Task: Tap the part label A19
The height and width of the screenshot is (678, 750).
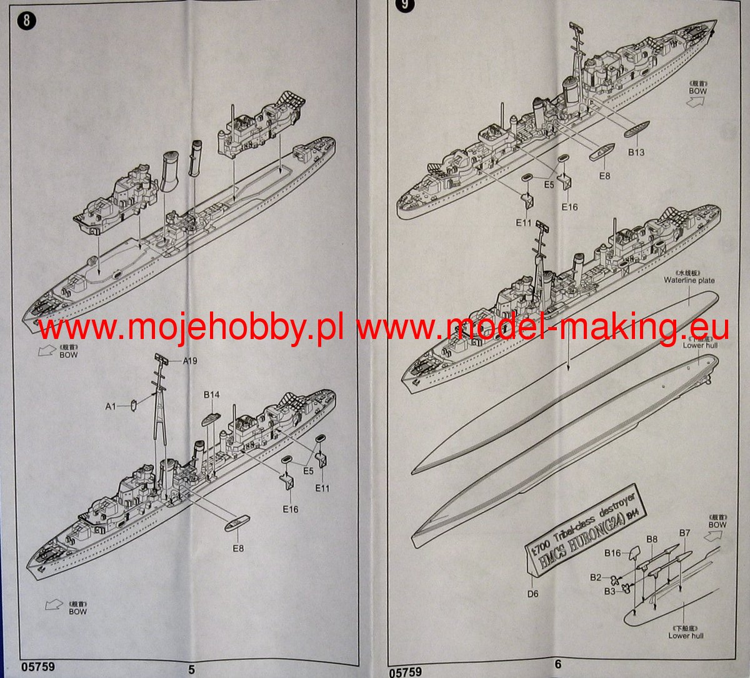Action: (192, 361)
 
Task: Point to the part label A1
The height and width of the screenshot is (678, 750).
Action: (111, 407)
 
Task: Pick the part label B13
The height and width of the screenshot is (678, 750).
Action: (636, 152)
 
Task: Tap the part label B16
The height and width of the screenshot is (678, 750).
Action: (612, 553)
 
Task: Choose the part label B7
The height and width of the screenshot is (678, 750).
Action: (684, 533)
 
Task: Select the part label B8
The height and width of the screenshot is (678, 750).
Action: (652, 539)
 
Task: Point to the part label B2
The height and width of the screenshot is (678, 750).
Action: (595, 577)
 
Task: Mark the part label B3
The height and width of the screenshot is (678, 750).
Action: (610, 591)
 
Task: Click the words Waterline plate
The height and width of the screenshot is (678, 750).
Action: (689, 280)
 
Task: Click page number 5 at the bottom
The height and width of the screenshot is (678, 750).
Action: (191, 669)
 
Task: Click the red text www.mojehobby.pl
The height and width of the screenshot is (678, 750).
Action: (191, 326)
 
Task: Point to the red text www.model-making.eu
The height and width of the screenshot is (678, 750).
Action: (544, 326)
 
